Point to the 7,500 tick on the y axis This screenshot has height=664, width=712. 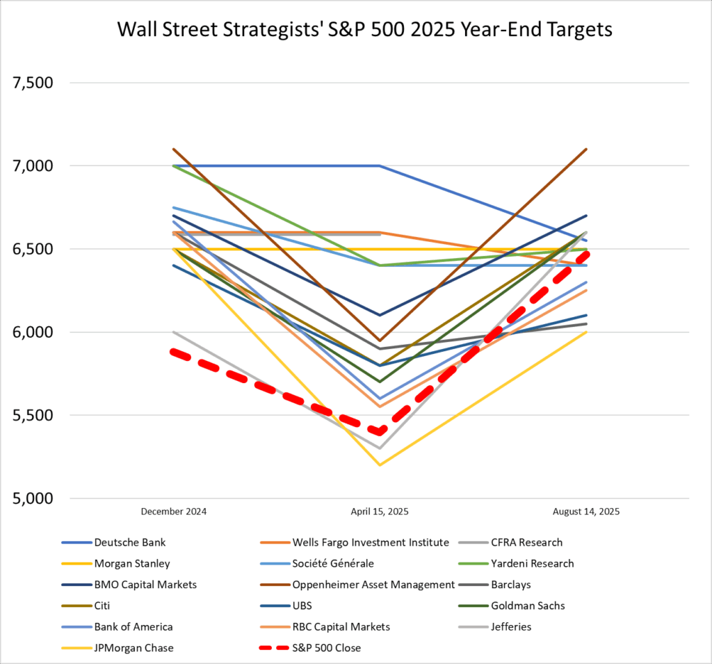(x=34, y=83)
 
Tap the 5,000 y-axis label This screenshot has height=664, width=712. (x=34, y=499)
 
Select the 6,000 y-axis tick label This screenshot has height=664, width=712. (x=34, y=332)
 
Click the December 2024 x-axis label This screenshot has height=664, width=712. (x=174, y=511)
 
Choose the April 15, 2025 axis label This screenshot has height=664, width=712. (x=380, y=511)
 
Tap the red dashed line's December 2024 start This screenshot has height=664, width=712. (x=174, y=352)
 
